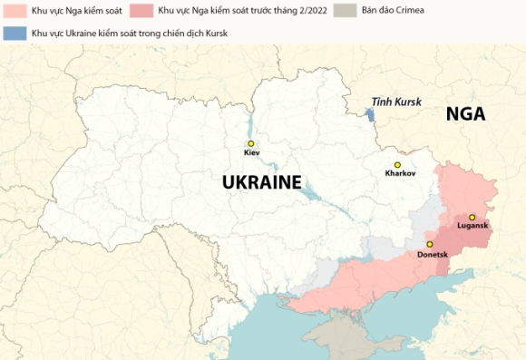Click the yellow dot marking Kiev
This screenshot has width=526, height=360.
coord(251,143)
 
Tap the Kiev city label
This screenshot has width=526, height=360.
coord(251,153)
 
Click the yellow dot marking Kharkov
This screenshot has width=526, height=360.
coord(397,165)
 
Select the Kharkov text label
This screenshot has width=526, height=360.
coord(399,174)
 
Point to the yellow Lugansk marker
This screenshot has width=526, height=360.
coord(472,218)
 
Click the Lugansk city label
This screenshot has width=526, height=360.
coord(472,227)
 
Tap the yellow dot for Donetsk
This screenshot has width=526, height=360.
coord(430,244)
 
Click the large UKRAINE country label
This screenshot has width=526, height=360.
coord(261,182)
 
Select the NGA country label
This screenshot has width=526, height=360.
coord(465,114)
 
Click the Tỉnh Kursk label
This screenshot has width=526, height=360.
coord(396,102)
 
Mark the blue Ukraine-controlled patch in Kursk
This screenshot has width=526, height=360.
coord(369,115)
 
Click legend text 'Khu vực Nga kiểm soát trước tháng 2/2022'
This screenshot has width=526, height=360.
coord(242,11)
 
